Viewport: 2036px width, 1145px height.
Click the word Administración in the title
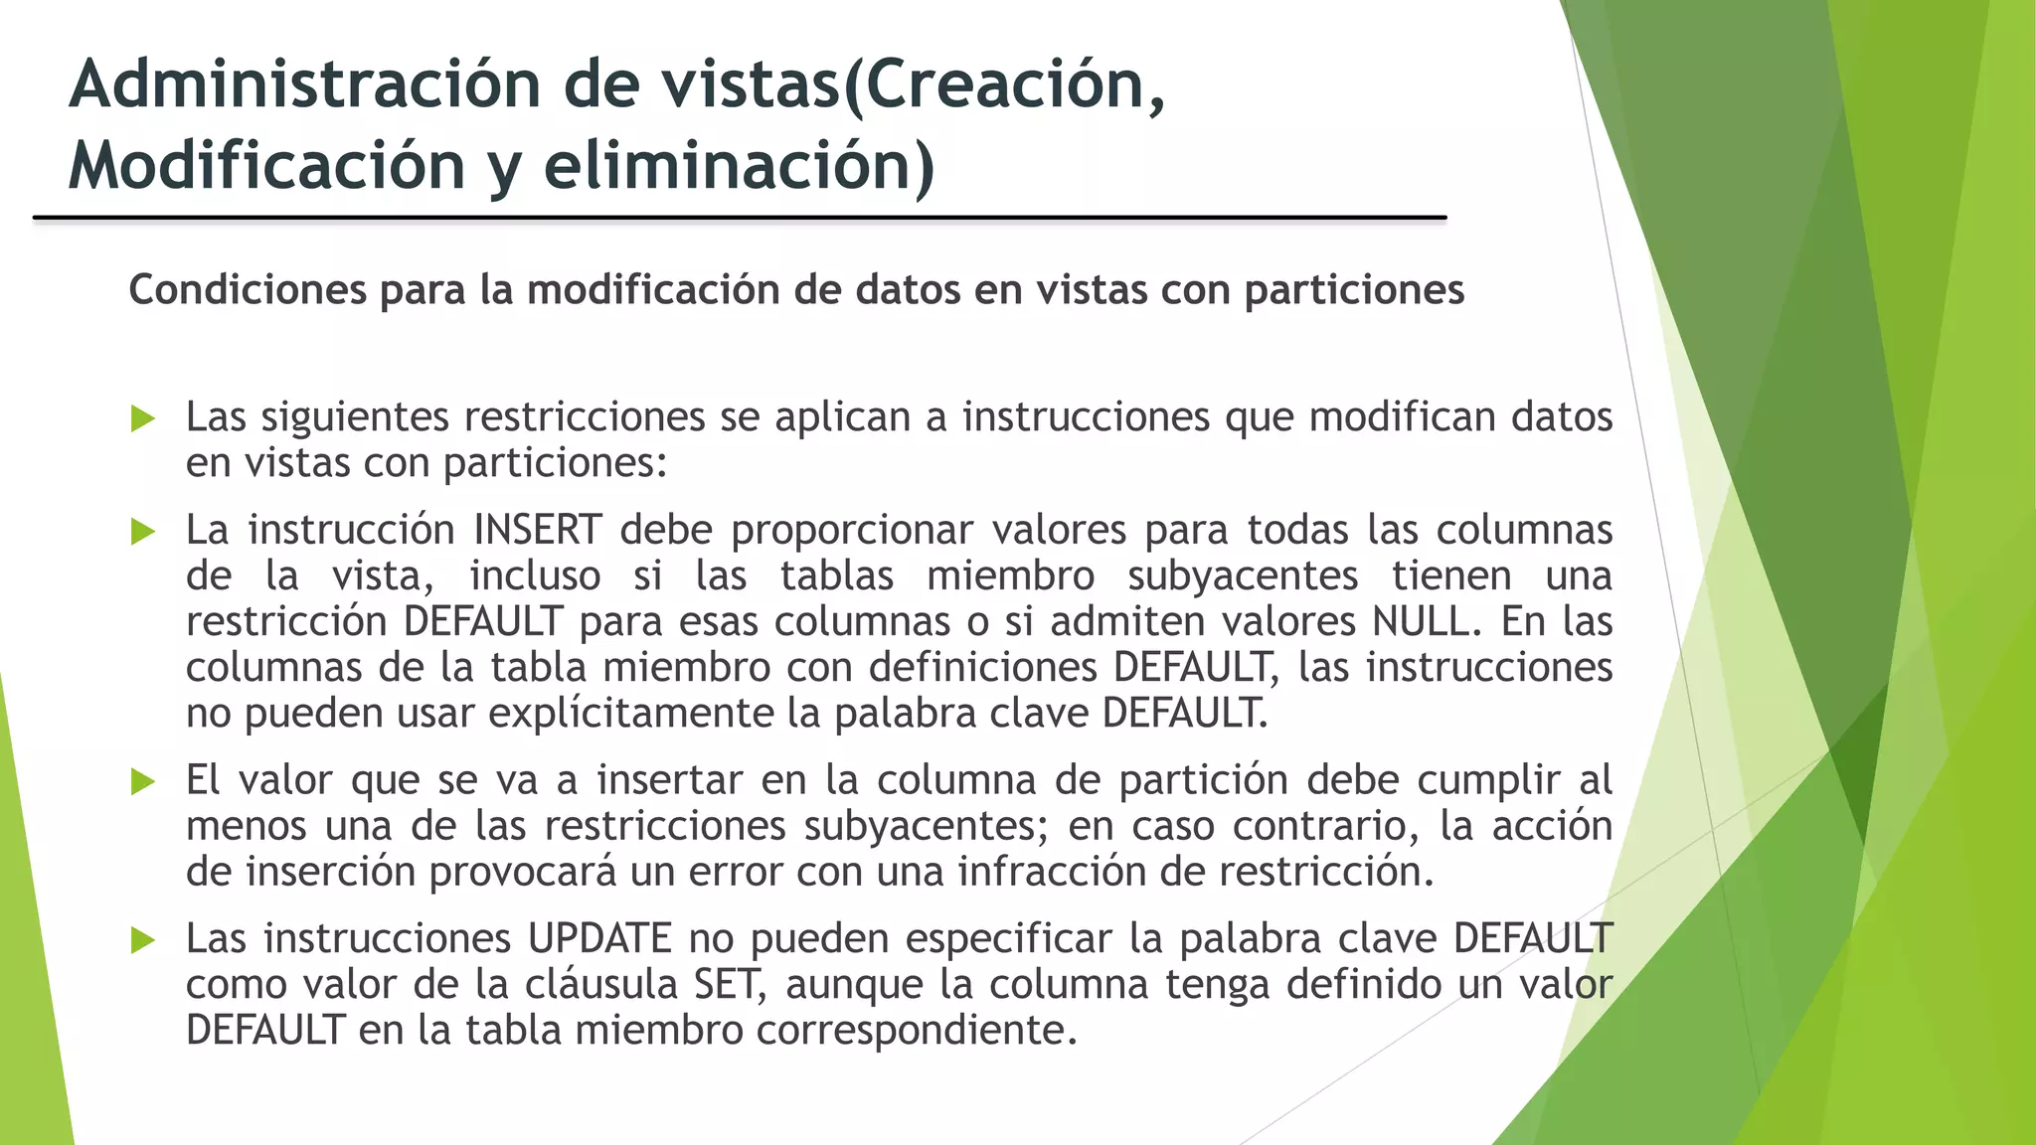pos(304,84)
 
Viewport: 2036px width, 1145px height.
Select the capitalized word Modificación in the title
pos(266,165)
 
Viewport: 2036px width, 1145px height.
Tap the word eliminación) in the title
pos(739,165)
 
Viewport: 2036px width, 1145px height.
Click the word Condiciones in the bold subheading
pos(248,290)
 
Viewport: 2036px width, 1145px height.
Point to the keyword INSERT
pos(537,530)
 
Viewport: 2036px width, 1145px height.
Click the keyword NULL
pos(1420,621)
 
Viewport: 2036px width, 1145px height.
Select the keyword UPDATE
pos(599,938)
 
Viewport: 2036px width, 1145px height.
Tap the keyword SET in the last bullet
pos(729,984)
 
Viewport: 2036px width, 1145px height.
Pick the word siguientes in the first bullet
pos(355,416)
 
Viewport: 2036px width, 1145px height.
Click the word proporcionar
pos(852,530)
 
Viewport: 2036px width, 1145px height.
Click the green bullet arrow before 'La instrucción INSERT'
pos(143,532)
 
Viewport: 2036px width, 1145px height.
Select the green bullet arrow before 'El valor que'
pos(143,782)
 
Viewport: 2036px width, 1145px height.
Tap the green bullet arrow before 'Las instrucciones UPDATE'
pos(143,940)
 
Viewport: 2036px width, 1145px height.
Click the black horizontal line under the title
pos(740,218)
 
